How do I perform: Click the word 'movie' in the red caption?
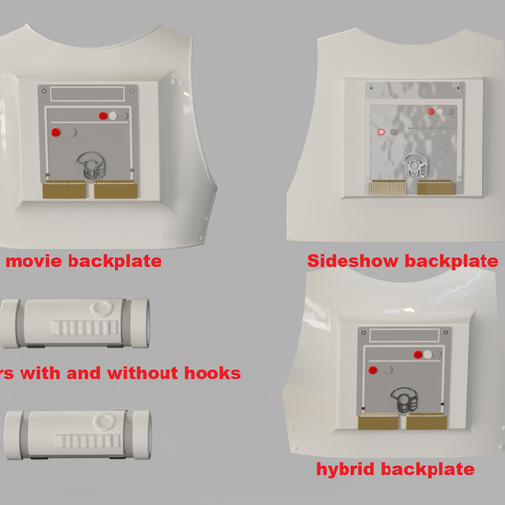click(36, 261)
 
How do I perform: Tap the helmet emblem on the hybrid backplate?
click(404, 400)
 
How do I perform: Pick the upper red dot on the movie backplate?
click(102, 115)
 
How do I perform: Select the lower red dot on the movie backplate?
click(56, 132)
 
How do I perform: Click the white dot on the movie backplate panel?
click(114, 115)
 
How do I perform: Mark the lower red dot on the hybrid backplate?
click(374, 371)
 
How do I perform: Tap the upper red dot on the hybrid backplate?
click(418, 354)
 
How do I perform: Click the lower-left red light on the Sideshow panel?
click(380, 130)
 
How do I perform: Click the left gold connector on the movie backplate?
click(68, 189)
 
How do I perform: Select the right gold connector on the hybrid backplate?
click(426, 422)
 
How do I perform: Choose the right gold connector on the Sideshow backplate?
click(435, 187)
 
